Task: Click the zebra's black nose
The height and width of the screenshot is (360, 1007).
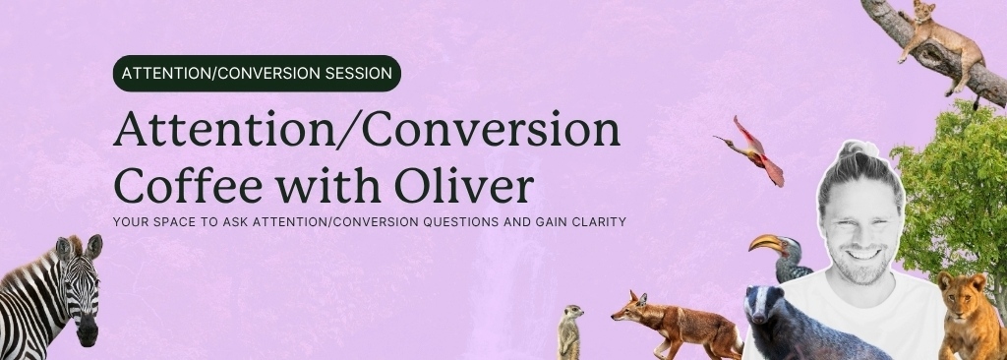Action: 88,334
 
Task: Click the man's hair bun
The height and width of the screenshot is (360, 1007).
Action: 855,150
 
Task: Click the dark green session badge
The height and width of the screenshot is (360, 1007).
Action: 257,73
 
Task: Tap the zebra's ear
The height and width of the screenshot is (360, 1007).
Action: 93,245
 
